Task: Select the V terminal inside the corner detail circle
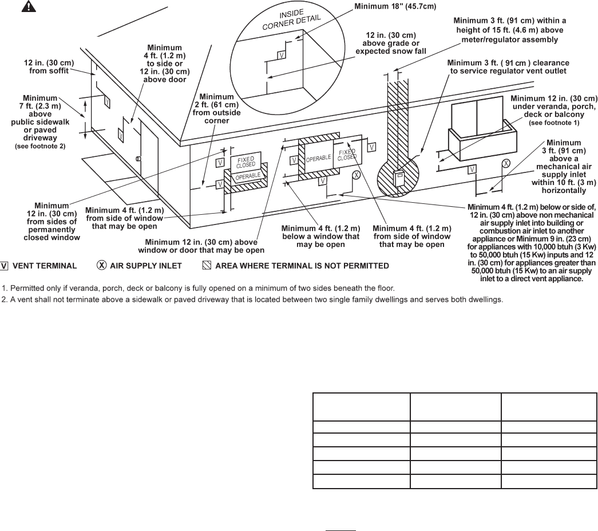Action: coord(281,54)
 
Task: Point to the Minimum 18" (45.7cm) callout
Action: coord(387,7)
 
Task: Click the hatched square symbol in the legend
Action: coord(207,266)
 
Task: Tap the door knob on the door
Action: coord(138,158)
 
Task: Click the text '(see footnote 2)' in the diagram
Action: coord(40,146)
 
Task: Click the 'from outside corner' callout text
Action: coord(213,117)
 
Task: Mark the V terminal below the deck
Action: coord(473,169)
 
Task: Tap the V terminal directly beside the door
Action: coord(121,135)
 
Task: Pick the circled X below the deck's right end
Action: coord(506,164)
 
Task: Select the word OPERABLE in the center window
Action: coord(319,158)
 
